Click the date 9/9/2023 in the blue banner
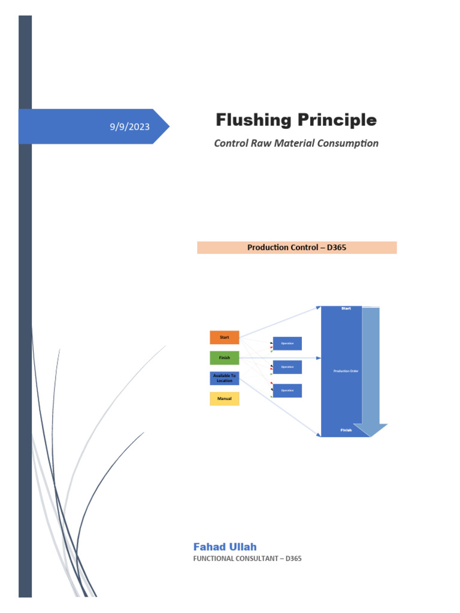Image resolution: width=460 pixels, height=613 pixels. [x=129, y=127]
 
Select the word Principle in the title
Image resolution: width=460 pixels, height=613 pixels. [x=337, y=120]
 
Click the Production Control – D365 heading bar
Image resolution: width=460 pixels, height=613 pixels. [x=296, y=247]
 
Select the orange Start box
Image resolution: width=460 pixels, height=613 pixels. [x=224, y=338]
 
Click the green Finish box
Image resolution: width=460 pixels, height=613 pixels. [x=224, y=358]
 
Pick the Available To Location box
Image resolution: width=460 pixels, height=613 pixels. [x=224, y=378]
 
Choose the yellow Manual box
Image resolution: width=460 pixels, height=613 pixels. [x=224, y=399]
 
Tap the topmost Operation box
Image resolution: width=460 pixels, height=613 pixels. [x=287, y=344]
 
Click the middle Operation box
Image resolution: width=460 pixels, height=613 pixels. [x=287, y=367]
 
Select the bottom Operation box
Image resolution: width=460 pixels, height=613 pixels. [x=287, y=390]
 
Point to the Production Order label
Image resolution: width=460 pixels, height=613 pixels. [x=346, y=371]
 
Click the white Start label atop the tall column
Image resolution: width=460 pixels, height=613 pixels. [x=346, y=308]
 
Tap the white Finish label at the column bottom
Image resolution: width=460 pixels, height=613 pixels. [x=346, y=430]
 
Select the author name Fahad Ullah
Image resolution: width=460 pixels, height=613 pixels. [x=225, y=547]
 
